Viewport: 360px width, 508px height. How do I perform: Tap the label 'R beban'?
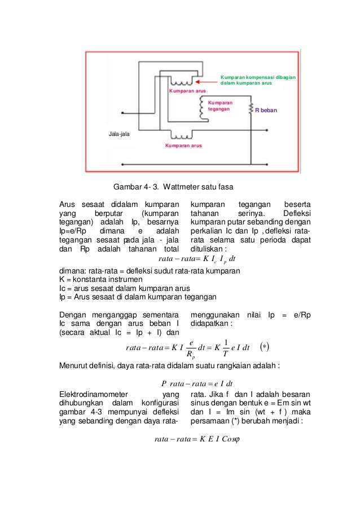266,111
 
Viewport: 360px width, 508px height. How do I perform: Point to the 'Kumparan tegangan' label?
220,106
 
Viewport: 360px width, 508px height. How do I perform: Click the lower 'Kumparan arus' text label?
183,145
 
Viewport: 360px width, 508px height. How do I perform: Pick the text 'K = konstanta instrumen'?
101,280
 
